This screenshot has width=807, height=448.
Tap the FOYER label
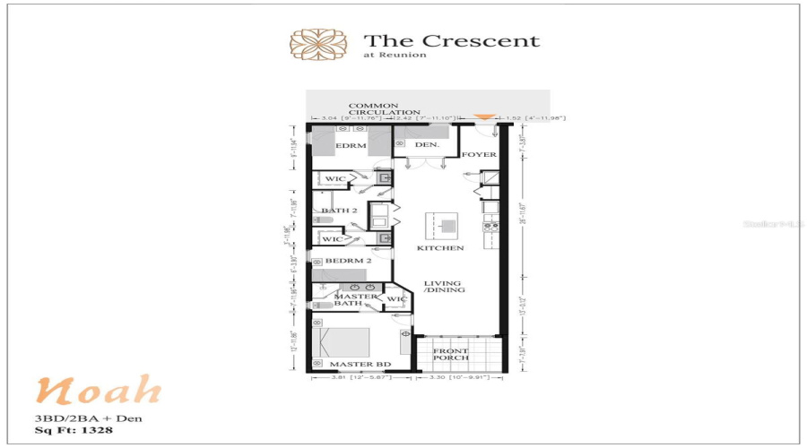point(479,155)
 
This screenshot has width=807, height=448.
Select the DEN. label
point(426,144)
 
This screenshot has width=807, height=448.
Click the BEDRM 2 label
point(348,261)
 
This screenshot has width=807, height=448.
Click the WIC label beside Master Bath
point(396,298)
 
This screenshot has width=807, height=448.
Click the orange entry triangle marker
point(484,116)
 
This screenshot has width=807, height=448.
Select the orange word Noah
point(99,391)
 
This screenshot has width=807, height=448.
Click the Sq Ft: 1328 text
point(74,430)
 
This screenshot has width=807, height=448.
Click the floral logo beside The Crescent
point(318,43)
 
